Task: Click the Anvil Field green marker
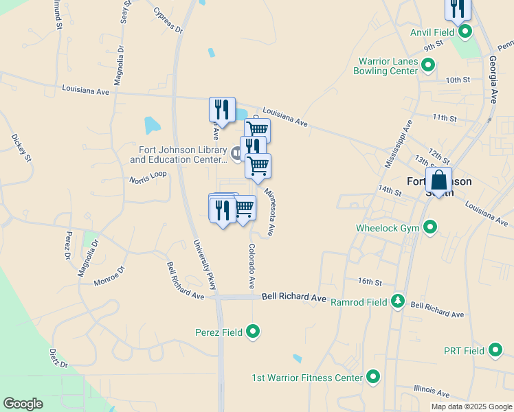click(465, 32)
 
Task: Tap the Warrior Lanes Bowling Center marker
click(428, 66)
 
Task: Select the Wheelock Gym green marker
click(431, 227)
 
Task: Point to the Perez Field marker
click(253, 332)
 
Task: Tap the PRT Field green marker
click(495, 351)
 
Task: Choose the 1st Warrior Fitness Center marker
click(373, 377)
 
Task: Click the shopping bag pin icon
click(438, 181)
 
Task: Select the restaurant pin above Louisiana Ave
click(222, 109)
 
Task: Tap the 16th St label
click(369, 282)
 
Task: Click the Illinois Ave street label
click(432, 391)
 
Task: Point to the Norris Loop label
click(148, 177)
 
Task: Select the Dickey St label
click(21, 147)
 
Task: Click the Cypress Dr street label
click(168, 21)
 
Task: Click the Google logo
click(23, 404)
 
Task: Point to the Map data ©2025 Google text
click(471, 407)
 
